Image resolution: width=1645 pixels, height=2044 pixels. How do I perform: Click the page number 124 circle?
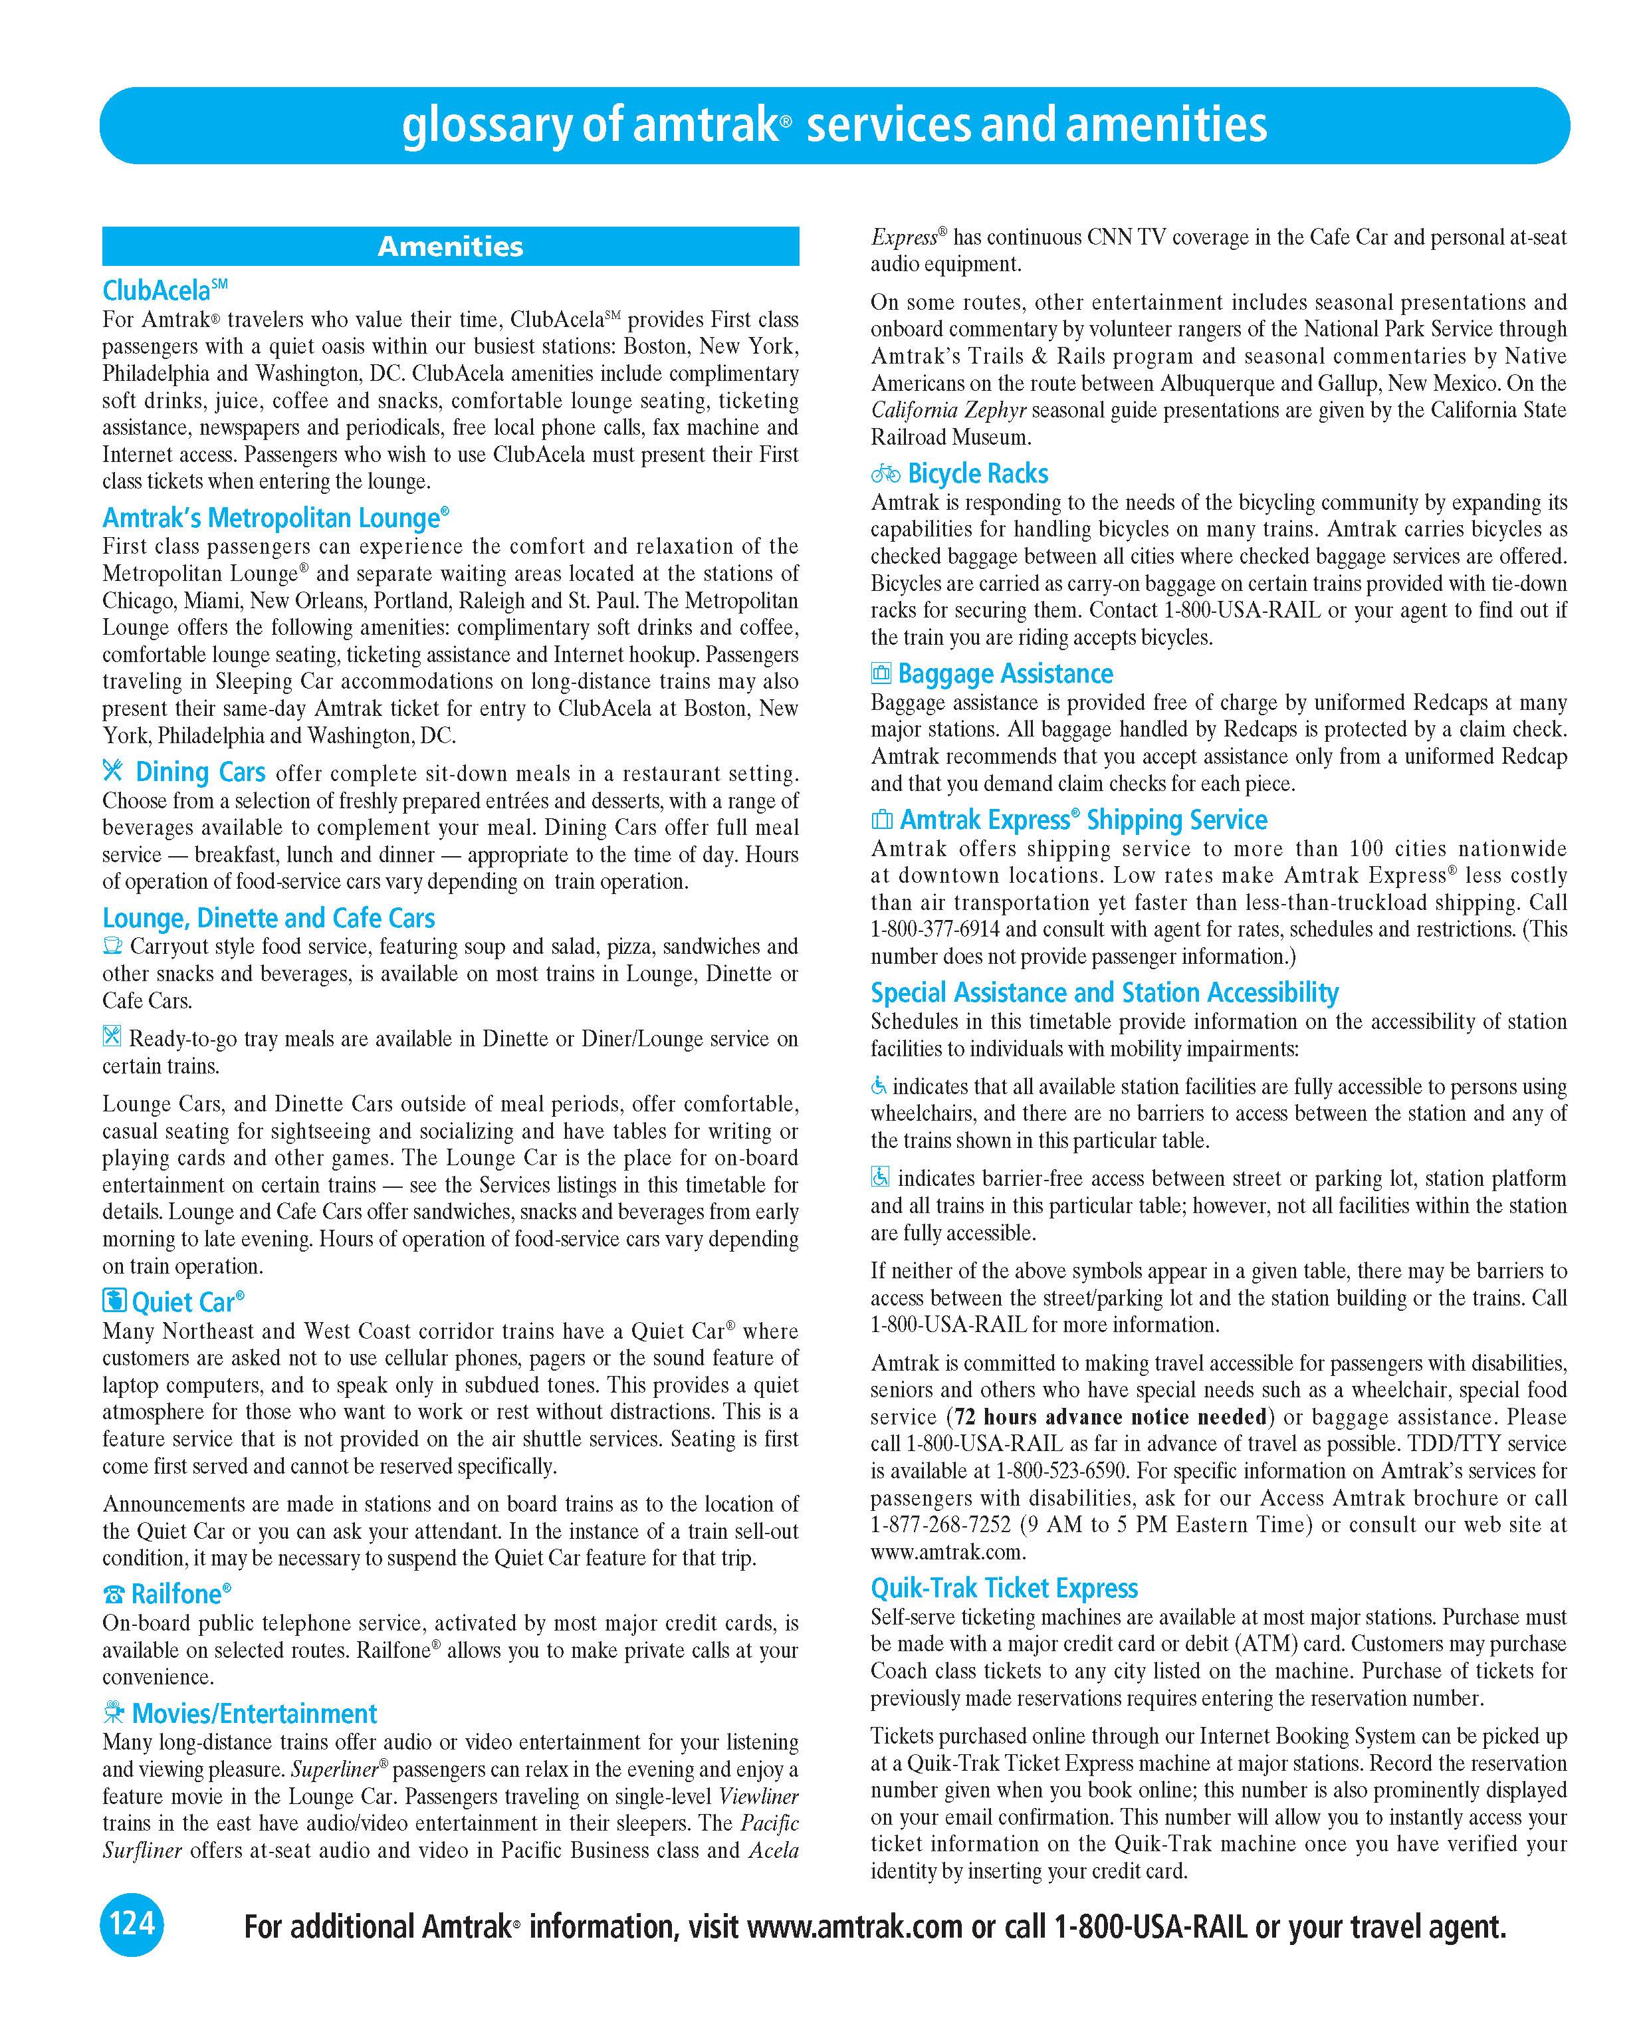tap(132, 1922)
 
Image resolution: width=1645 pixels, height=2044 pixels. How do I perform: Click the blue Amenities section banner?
tap(451, 247)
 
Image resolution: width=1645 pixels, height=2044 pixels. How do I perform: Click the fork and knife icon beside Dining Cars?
tap(113, 771)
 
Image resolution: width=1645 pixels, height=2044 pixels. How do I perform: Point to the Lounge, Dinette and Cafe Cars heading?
tap(269, 918)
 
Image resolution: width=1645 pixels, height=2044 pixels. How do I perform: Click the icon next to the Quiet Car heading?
tap(114, 1301)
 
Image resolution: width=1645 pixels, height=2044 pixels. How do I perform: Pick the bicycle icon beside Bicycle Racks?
tap(885, 473)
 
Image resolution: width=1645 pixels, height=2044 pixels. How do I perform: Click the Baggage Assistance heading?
tap(1005, 674)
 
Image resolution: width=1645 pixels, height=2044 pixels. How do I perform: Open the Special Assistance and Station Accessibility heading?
tap(1105, 992)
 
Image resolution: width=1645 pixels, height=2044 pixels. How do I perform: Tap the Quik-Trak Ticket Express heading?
tap(1004, 1589)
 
